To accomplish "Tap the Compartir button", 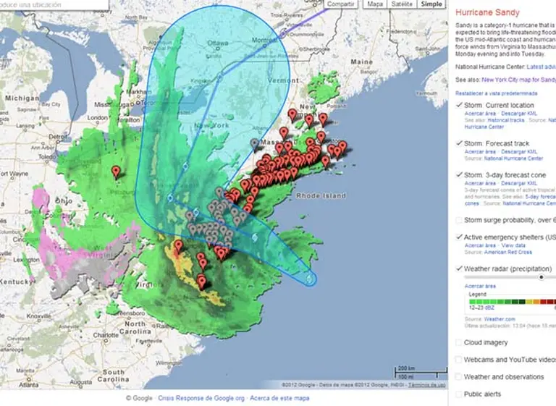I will [340, 4].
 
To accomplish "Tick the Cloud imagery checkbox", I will [459, 342].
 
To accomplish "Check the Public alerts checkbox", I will [459, 394].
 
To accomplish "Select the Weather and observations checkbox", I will [459, 377].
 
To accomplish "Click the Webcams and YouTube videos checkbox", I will [459, 360].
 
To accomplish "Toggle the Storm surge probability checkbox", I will [459, 220].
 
